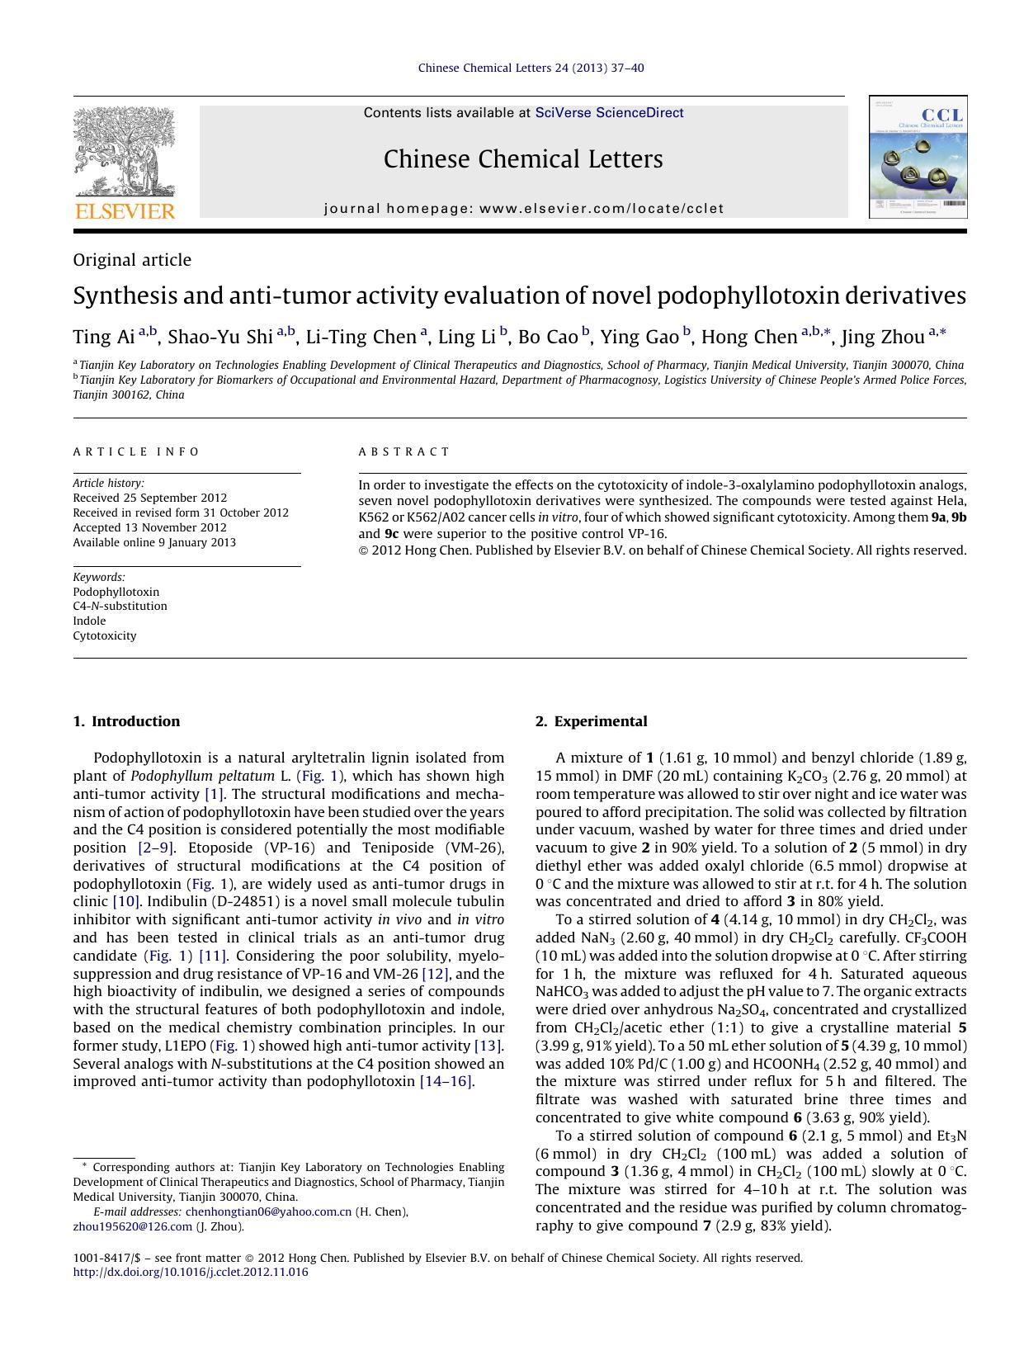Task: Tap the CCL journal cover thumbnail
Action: pos(918,157)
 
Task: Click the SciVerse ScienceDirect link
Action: pos(609,113)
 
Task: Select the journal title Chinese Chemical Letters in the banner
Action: pos(523,159)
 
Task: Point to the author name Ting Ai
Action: pos(103,337)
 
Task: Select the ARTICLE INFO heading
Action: pos(136,451)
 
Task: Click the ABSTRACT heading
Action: pos(403,451)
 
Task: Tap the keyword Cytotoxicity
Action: pos(105,635)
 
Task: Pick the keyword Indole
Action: pos(89,621)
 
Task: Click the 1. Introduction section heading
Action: pos(126,721)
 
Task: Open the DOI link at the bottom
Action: pos(191,1273)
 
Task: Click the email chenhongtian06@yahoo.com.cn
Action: pos(268,1211)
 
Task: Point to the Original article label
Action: pos(132,260)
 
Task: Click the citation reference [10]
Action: pos(125,901)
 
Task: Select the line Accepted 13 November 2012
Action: pos(149,527)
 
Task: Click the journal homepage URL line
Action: pos(523,209)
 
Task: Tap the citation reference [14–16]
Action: pos(446,1081)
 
